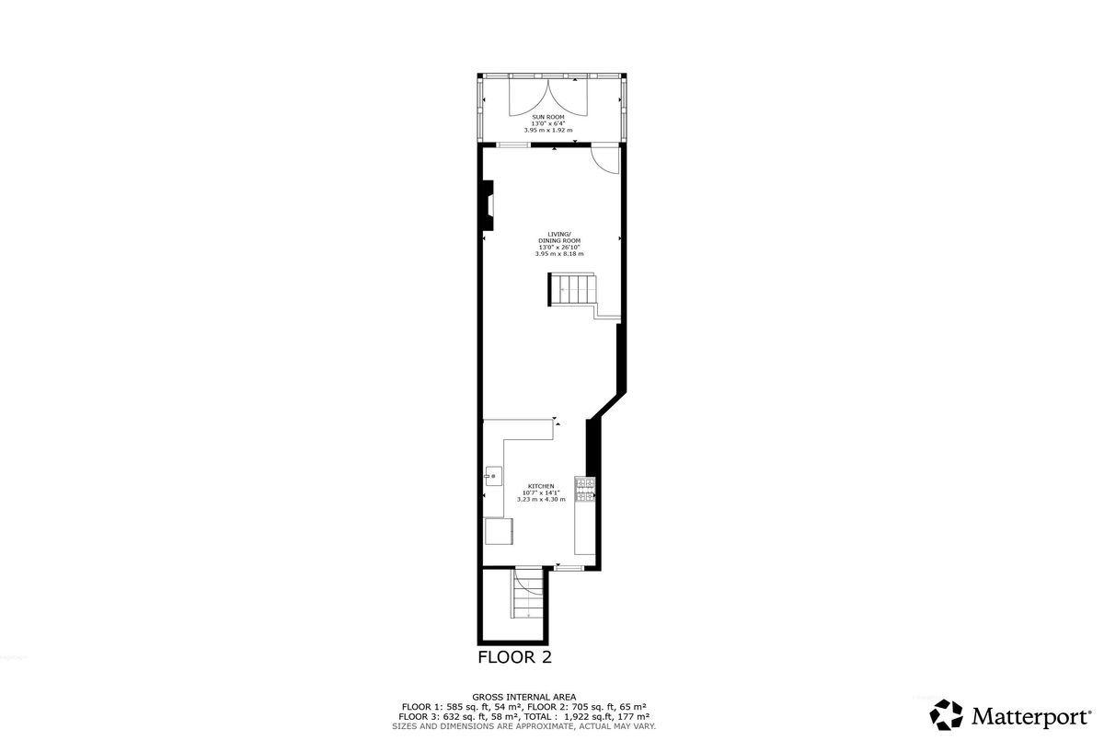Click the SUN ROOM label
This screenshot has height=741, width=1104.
547,117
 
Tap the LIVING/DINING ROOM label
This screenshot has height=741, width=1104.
559,237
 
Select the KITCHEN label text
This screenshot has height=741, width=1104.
541,486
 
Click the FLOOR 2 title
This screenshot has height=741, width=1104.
514,657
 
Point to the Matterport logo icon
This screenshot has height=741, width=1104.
946,714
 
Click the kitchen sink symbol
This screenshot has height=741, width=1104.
493,476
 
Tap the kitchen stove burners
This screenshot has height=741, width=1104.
585,490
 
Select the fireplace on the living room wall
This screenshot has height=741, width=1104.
487,205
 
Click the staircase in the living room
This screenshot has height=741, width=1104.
573,290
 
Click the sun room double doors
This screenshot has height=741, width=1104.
548,98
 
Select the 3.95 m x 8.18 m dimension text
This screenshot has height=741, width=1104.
559,254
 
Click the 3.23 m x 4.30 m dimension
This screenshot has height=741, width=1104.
541,499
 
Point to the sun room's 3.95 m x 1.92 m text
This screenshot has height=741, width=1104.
548,130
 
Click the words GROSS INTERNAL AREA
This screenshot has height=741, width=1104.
523,697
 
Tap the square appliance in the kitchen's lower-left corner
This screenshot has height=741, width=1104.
499,531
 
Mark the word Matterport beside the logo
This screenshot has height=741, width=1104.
1031,716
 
